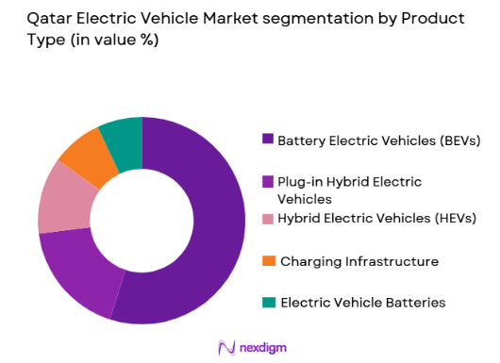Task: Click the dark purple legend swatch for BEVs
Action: pos(268,140)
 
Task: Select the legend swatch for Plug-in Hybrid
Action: pos(268,181)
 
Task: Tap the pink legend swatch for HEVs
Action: pos(268,219)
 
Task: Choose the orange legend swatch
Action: pos(268,260)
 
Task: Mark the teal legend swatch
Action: pos(268,302)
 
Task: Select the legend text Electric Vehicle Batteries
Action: pos(362,302)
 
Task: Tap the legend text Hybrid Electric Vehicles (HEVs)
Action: pos(377,219)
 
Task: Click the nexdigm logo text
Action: pos(259,346)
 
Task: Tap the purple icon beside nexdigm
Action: pos(225,346)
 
